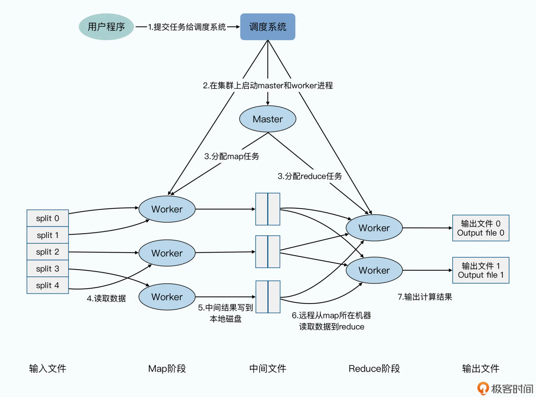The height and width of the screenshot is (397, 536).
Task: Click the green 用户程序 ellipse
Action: (106, 27)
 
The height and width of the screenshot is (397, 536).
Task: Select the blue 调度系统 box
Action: (267, 27)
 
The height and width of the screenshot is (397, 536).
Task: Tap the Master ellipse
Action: (267, 119)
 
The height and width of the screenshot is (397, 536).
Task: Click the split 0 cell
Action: (47, 218)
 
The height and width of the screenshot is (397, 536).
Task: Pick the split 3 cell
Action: (47, 268)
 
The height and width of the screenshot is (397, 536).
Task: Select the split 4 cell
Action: (47, 285)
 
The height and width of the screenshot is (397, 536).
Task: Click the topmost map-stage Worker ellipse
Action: (167, 209)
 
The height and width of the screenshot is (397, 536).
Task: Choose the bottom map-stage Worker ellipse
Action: (167, 297)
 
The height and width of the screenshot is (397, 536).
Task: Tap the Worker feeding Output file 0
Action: (374, 228)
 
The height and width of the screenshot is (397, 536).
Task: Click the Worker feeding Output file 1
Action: (374, 270)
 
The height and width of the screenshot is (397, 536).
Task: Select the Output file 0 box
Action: (480, 228)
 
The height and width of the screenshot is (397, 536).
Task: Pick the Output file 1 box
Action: (480, 270)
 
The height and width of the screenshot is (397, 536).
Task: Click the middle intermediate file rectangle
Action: (267, 252)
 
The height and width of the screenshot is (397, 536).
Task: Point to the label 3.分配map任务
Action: (231, 156)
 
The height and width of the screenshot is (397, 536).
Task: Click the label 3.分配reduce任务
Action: (310, 176)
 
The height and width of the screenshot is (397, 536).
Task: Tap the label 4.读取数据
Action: (106, 298)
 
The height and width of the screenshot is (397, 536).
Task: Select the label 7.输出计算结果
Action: (425, 297)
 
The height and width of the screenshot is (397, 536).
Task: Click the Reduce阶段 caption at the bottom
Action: (374, 369)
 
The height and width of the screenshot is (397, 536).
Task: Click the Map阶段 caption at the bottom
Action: (167, 369)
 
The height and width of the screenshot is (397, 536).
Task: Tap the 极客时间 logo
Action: (505, 389)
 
